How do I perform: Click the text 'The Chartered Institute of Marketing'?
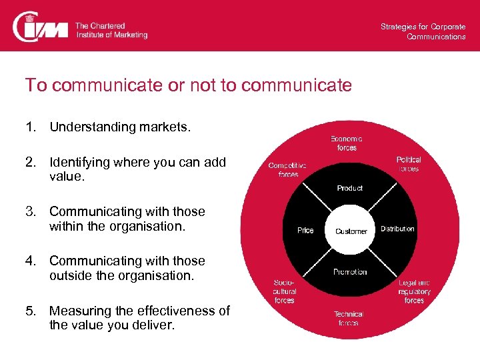[x=111, y=30]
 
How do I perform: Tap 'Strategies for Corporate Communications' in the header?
[x=423, y=31]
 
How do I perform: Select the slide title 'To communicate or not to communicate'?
[x=188, y=85]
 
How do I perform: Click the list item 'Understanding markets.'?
[x=120, y=127]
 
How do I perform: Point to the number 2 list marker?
[x=30, y=162]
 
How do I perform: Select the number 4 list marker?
[x=30, y=261]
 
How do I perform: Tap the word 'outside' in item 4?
[x=70, y=275]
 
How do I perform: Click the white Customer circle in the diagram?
[x=351, y=231]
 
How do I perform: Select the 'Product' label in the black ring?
[x=350, y=188]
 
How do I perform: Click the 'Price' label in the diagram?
[x=305, y=230]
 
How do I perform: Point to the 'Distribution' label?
[x=397, y=229]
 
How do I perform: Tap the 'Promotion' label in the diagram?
[x=350, y=272]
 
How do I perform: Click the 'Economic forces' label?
[x=347, y=143]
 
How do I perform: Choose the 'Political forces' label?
[x=409, y=164]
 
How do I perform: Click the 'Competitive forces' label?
[x=287, y=169]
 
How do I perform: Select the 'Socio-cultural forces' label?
[x=285, y=291]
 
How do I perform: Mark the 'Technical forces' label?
[x=348, y=318]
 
